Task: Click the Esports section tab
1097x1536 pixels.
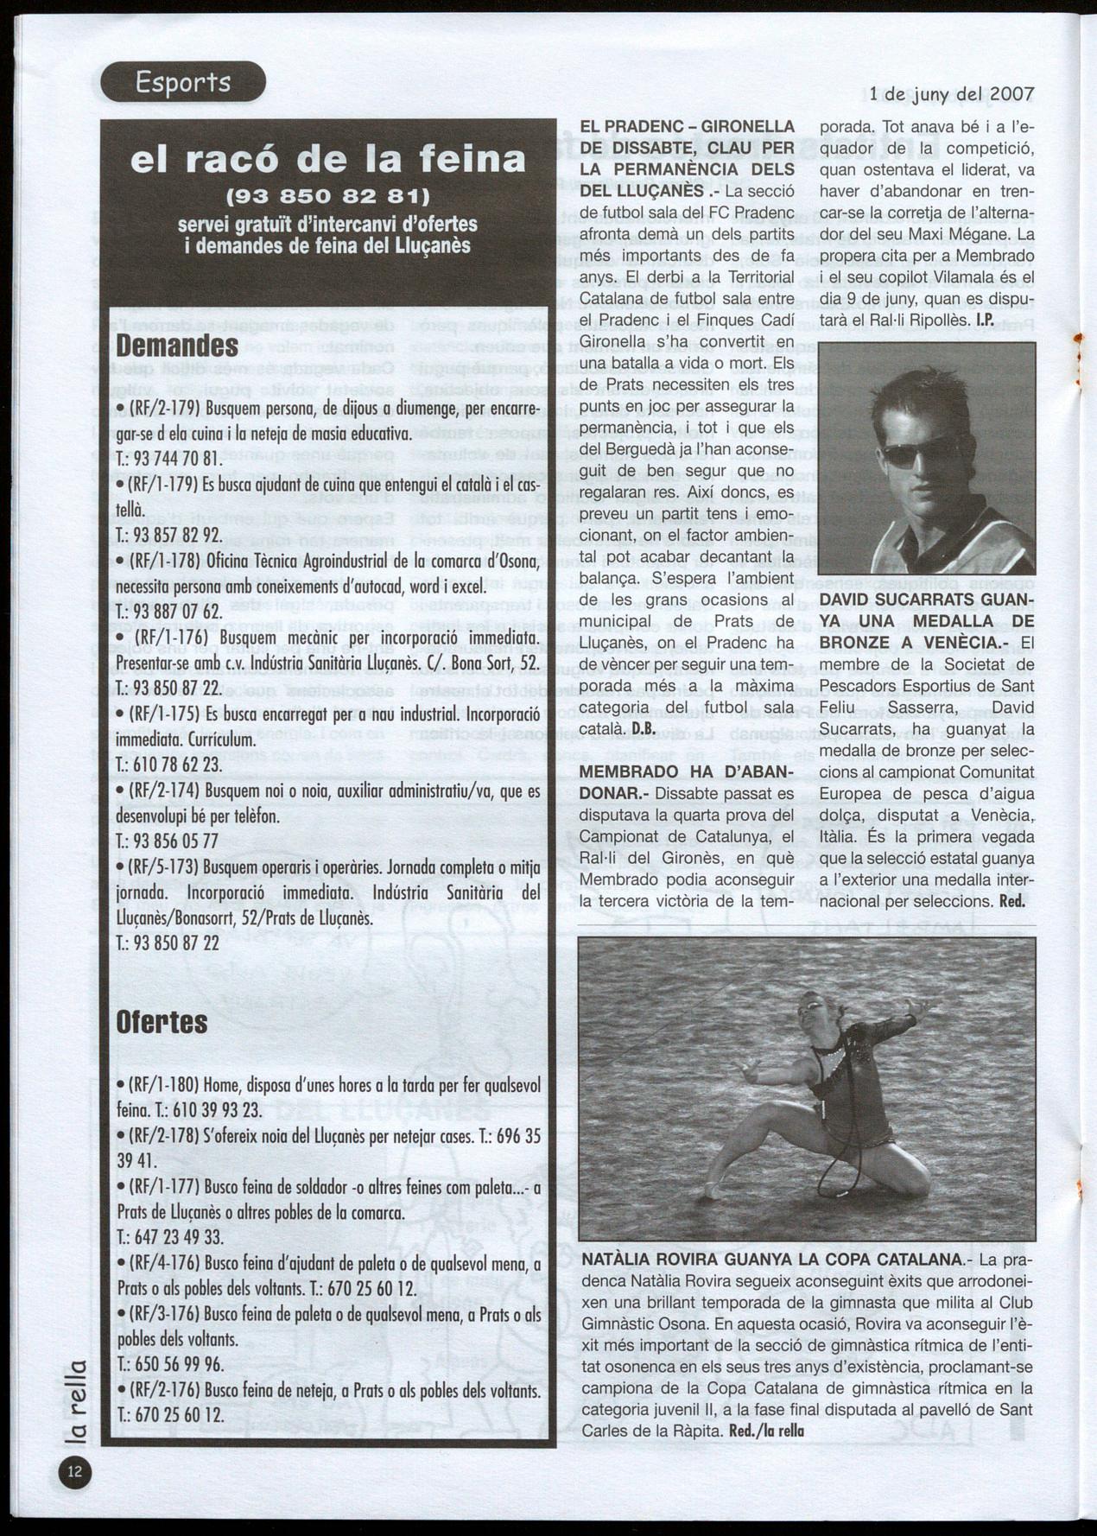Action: click(x=182, y=83)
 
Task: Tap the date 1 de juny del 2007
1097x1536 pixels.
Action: click(x=951, y=92)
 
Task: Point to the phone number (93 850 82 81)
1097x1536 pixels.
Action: click(x=327, y=194)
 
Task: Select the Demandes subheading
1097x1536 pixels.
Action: click(x=177, y=346)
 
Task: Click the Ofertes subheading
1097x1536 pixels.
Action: click(x=162, y=1022)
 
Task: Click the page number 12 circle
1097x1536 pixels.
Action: click(x=75, y=1473)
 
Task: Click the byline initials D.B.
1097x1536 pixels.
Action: click(x=644, y=729)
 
